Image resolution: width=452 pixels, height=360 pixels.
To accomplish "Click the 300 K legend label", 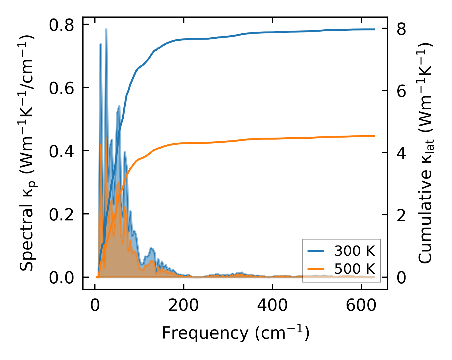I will (355, 251).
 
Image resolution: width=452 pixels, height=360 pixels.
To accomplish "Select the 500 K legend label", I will (355, 269).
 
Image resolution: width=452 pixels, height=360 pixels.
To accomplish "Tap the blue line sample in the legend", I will (315, 251).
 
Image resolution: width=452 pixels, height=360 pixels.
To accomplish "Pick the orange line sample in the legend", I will (315, 269).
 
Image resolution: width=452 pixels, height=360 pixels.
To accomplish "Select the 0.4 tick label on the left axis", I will (61, 151).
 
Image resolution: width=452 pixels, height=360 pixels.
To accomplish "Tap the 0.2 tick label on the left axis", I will (61, 214).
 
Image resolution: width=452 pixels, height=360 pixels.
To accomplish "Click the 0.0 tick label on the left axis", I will (61, 278).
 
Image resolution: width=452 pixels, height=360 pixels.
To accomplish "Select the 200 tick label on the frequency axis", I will (184, 306).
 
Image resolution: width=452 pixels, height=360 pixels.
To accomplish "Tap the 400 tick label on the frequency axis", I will (272, 306).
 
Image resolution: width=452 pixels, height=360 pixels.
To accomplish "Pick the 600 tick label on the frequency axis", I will (361, 306).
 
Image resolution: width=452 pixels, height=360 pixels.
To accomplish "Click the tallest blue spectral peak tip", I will (106, 29).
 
